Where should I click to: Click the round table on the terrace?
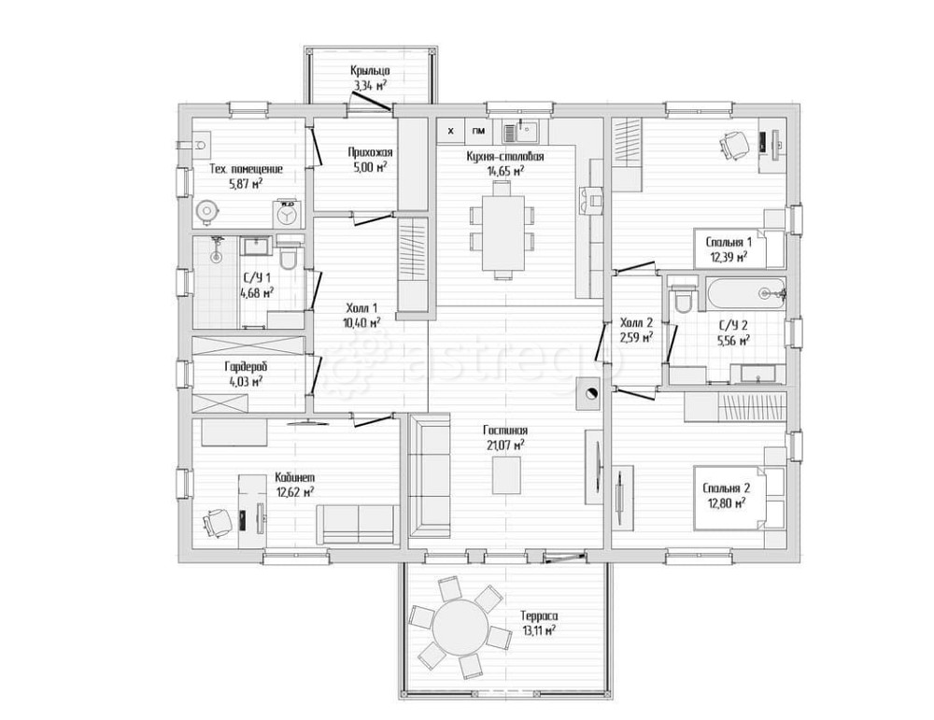(x=460, y=628)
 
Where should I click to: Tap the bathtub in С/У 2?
(x=745, y=293)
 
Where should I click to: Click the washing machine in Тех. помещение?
(x=289, y=213)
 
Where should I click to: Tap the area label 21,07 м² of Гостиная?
(x=505, y=444)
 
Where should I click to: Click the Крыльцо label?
(x=370, y=72)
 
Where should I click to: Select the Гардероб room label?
(x=246, y=366)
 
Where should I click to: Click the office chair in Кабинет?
(x=217, y=522)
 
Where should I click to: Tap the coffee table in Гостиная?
(x=506, y=474)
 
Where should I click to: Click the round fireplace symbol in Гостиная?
(x=590, y=393)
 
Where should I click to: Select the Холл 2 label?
(x=637, y=323)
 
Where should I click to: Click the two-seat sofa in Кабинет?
(x=358, y=525)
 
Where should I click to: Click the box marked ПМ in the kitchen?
(x=478, y=131)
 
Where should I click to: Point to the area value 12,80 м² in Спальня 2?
(x=727, y=503)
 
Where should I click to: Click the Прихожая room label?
(x=371, y=152)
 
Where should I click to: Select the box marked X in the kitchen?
(x=451, y=131)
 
